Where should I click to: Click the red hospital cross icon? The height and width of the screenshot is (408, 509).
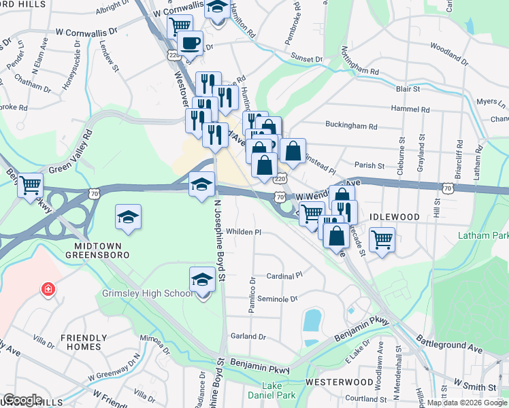(x=48, y=290)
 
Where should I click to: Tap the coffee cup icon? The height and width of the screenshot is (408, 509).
(x=190, y=42)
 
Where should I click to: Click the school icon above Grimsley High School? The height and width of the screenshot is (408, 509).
(x=202, y=279)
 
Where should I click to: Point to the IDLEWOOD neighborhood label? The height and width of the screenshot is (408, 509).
(x=395, y=216)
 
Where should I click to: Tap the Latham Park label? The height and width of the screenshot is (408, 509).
(x=484, y=235)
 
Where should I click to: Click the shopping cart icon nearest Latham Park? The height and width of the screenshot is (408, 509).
(x=382, y=239)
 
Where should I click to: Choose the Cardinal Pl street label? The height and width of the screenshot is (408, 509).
(x=284, y=276)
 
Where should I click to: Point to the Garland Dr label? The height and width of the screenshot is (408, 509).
(x=247, y=336)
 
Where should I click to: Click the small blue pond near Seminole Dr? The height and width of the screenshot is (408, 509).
(x=313, y=319)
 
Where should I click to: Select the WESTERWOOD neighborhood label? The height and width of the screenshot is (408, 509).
(x=339, y=382)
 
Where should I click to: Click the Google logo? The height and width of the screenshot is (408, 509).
(x=22, y=399)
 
